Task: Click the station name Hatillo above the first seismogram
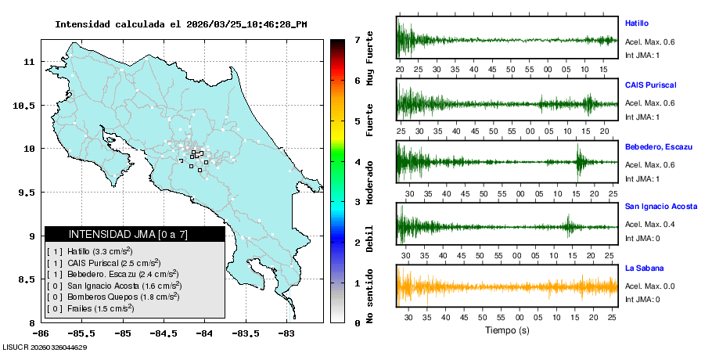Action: [637, 23]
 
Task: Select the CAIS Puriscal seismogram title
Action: [650, 85]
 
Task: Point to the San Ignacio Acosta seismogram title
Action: [661, 207]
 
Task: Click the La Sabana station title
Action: [643, 268]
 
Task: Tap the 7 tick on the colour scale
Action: [356, 39]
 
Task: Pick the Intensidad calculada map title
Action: [181, 24]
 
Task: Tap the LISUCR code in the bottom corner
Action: [44, 347]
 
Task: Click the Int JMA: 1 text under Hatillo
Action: [642, 56]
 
